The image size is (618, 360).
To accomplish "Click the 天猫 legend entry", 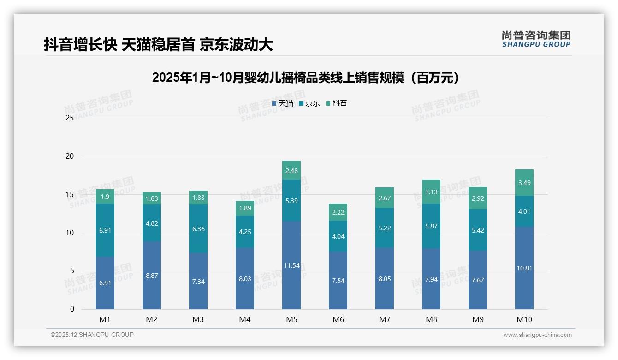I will click(x=283, y=103).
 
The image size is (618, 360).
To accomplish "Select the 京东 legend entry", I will click(x=309, y=103).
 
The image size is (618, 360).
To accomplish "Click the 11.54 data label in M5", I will click(x=291, y=265).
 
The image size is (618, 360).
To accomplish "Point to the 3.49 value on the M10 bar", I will click(x=524, y=183).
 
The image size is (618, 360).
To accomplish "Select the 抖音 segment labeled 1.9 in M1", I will click(x=105, y=197).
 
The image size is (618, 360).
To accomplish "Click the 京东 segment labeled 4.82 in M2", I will click(x=152, y=223).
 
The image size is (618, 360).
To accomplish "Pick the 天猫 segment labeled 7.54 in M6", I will click(x=338, y=281).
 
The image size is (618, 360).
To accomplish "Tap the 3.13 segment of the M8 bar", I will click(x=431, y=192).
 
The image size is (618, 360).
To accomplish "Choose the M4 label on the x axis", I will click(x=245, y=320).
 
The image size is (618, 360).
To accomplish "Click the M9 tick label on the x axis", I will click(x=478, y=320).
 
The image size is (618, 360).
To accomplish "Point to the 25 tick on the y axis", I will click(x=70, y=118).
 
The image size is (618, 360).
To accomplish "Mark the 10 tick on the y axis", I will click(x=70, y=233).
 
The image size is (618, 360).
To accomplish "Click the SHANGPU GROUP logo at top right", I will click(x=536, y=39).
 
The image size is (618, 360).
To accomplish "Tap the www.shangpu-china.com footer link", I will click(x=537, y=335).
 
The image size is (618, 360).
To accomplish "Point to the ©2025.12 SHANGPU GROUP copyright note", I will click(x=92, y=335).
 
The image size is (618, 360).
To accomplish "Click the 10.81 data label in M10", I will click(x=524, y=268).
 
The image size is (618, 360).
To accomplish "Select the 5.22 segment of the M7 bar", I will click(x=385, y=228).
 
